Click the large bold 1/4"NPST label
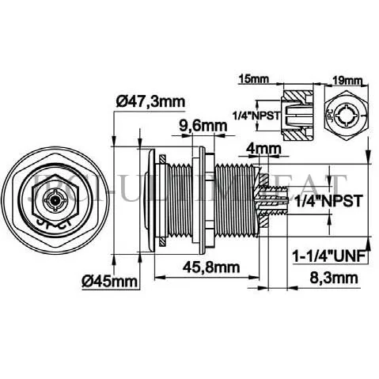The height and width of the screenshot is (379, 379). (328, 201)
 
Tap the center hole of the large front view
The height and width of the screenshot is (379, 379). (51, 202)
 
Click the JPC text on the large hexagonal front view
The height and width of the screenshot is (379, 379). (47, 222)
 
